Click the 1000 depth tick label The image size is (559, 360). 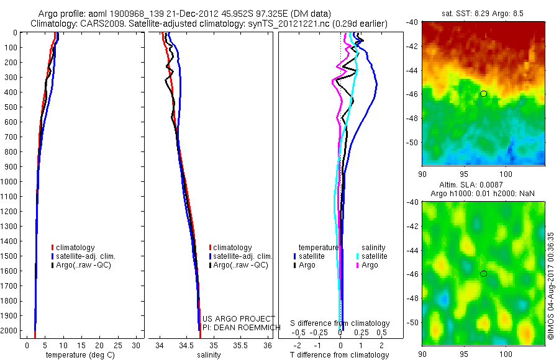pyautogui.click(x=10, y=181)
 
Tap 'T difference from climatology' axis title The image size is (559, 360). pyautogui.click(x=340, y=355)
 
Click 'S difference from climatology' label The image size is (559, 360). pyautogui.click(x=340, y=323)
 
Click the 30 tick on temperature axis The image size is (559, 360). pyautogui.click(x=138, y=345)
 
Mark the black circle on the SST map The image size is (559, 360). pyautogui.click(x=483, y=93)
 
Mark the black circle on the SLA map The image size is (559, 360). pyautogui.click(x=483, y=274)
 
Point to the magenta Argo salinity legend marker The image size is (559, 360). pyautogui.click(x=358, y=265)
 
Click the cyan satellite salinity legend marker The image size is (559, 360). pyautogui.click(x=358, y=256)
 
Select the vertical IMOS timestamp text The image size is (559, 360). pyautogui.click(x=551, y=286)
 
